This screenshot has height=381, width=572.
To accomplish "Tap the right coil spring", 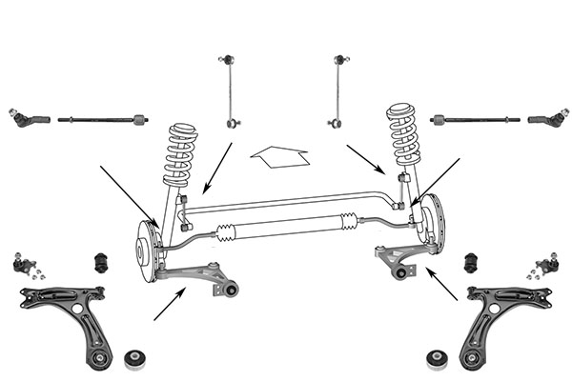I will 403,136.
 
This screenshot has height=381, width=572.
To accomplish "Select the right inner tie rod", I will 474,120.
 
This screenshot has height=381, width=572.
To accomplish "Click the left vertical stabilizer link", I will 229,90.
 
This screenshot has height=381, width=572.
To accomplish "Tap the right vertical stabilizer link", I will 338,90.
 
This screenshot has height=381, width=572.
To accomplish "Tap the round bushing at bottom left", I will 134,360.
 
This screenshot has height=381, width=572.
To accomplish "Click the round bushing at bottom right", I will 438,360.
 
